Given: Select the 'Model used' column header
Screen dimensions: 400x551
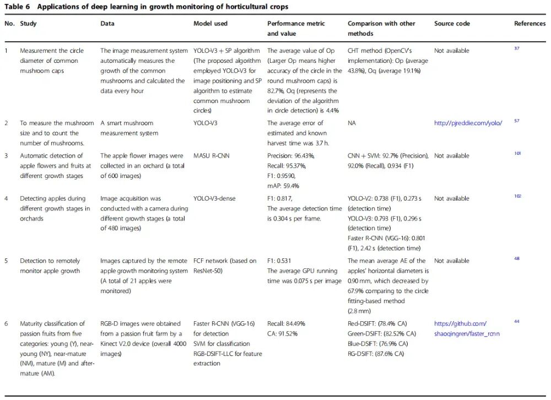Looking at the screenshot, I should point(210,24).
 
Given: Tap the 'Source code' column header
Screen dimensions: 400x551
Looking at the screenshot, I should point(452,24).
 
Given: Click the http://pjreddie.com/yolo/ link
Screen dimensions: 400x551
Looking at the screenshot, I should point(468,123).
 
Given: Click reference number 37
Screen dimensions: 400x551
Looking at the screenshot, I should point(517,49).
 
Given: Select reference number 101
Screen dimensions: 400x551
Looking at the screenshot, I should point(517,154).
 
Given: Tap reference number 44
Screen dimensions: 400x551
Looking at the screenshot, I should point(517,322).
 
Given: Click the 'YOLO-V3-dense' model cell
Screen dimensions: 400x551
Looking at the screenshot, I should point(216,198).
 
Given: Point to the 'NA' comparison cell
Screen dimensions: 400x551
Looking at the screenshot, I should point(352,123).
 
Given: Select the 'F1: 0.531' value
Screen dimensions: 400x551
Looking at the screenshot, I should point(280,261).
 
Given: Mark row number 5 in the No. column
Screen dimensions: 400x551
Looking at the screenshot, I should point(7,261).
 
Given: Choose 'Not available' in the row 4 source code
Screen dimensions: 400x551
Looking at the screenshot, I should point(452,198).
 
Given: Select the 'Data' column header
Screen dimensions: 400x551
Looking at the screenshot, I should point(107,24).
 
